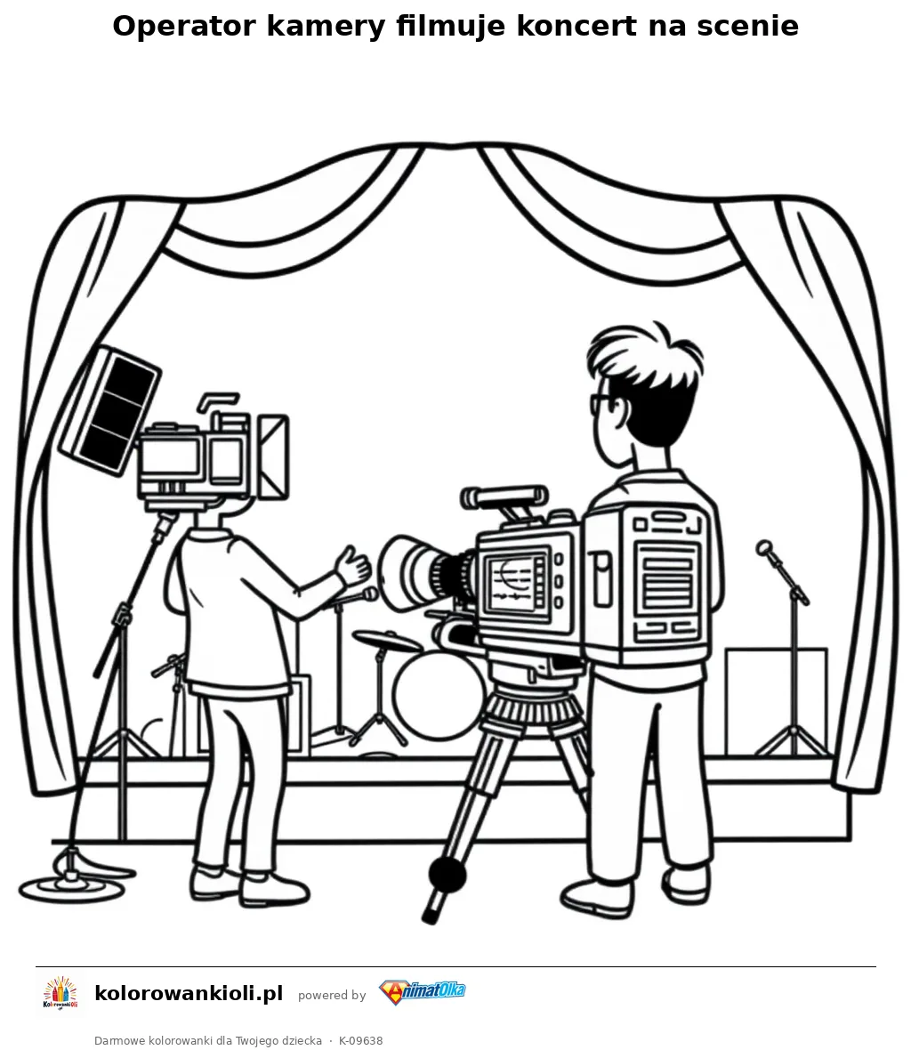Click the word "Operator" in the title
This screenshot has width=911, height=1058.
[183, 27]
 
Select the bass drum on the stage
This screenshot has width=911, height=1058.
[438, 694]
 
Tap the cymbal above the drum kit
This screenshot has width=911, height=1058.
[387, 639]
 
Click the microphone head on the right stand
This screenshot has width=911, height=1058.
[764, 547]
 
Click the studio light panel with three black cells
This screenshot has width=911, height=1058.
[110, 409]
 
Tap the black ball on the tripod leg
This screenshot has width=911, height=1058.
[447, 876]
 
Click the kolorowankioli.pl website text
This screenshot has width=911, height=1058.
[189, 993]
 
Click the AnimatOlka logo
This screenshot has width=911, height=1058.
[422, 992]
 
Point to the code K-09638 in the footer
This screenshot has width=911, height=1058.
[361, 1040]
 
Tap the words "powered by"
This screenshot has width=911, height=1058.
[332, 995]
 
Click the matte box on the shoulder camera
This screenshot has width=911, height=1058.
[273, 456]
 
